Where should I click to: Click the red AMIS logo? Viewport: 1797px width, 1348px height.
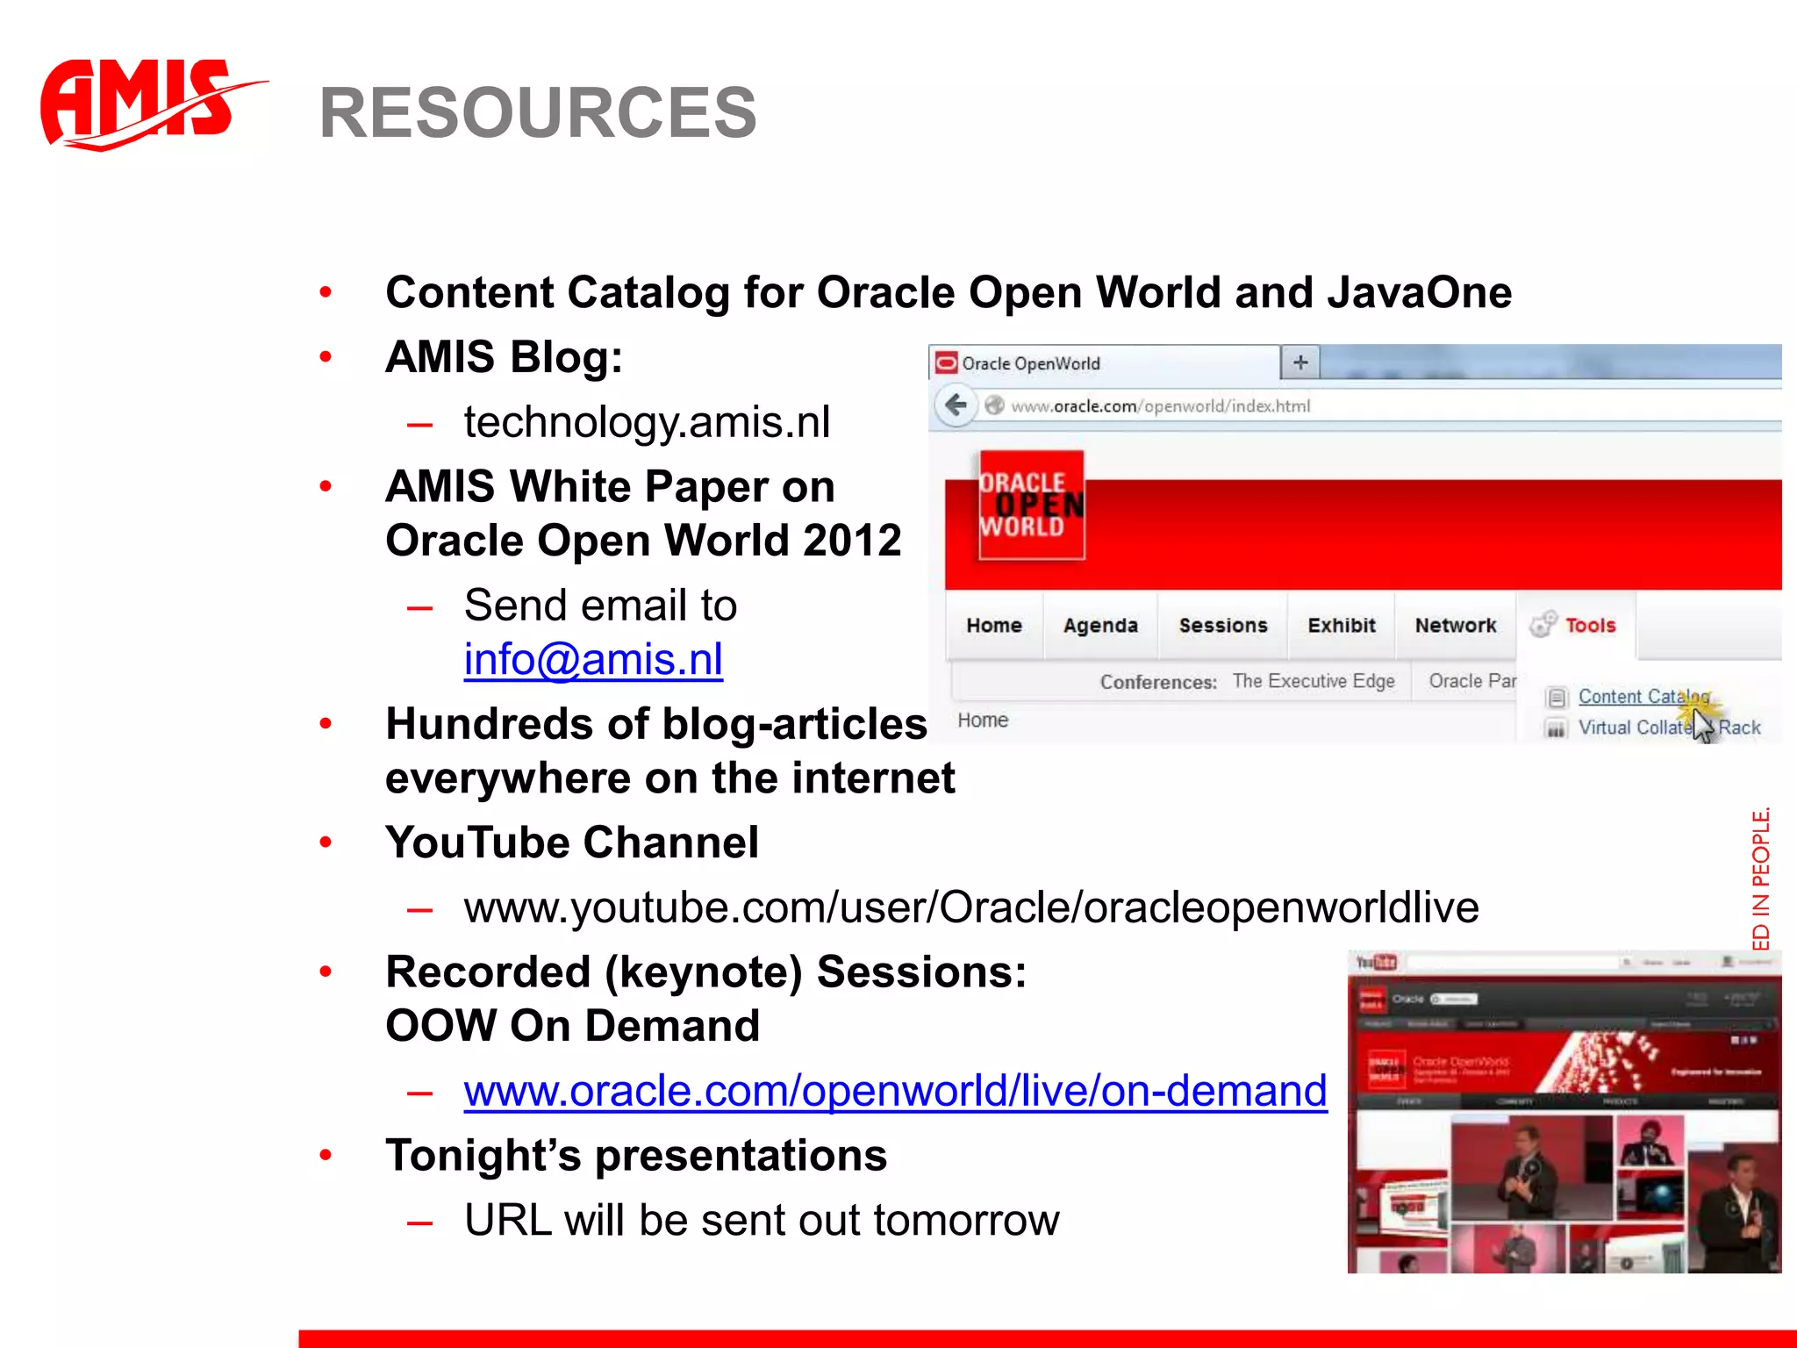[x=140, y=104]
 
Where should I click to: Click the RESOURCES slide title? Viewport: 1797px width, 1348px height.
[x=537, y=113]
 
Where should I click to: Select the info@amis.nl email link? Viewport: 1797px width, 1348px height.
[x=593, y=659]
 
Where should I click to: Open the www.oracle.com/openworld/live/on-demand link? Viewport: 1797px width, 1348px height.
[x=895, y=1091]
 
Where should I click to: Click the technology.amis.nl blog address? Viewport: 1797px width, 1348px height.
[x=647, y=422]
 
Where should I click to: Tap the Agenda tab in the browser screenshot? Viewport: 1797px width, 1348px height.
[x=1100, y=626]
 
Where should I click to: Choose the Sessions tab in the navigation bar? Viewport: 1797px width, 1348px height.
[x=1223, y=626]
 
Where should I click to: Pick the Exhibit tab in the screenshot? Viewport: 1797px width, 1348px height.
[x=1342, y=626]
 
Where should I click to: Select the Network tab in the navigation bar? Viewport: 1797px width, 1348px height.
[x=1456, y=626]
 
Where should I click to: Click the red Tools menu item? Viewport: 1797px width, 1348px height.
[x=1590, y=626]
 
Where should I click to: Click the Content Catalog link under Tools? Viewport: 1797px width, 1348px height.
[x=1643, y=697]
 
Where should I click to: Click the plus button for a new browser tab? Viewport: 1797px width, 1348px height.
[x=1300, y=362]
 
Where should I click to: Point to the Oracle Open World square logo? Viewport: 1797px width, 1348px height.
[x=1032, y=505]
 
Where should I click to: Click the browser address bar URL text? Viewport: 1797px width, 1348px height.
[x=1160, y=406]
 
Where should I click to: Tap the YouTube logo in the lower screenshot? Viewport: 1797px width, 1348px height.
[x=1376, y=963]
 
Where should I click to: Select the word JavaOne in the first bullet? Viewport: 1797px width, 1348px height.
[x=1419, y=293]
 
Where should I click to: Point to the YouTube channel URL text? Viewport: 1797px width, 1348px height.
[x=971, y=907]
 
